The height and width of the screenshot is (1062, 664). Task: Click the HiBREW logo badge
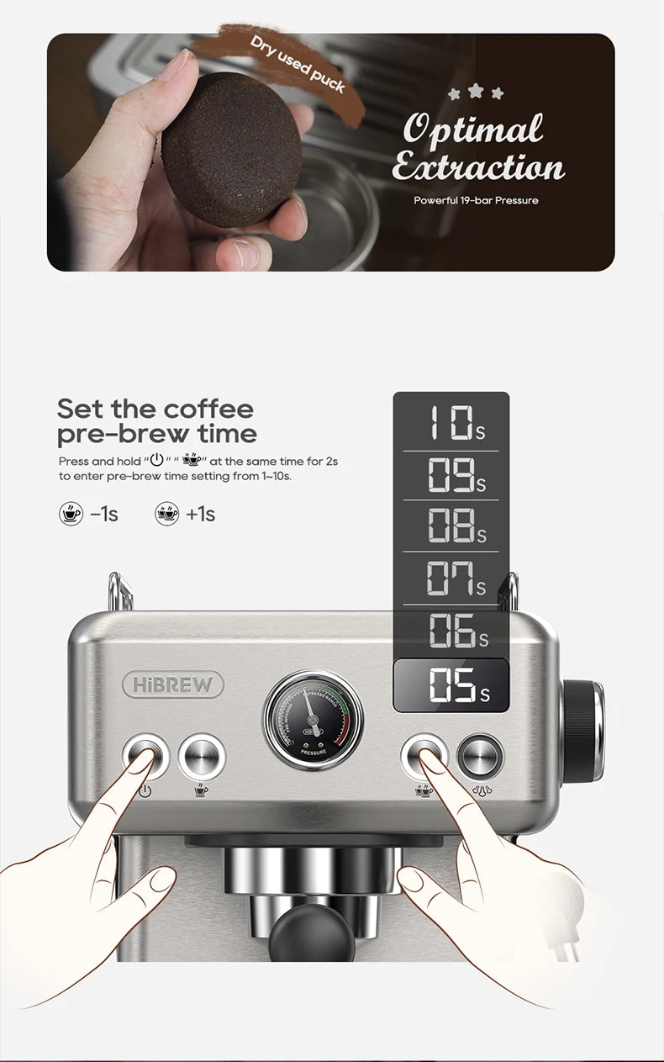(173, 684)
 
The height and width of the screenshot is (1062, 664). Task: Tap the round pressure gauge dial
(314, 720)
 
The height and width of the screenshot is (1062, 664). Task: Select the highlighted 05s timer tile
(451, 685)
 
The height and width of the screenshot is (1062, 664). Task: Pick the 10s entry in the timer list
(451, 423)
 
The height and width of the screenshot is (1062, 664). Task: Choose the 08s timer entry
(451, 526)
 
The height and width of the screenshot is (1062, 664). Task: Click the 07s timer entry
(451, 579)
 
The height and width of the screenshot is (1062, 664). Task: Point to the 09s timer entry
(451, 475)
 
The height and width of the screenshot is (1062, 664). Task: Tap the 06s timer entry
(451, 631)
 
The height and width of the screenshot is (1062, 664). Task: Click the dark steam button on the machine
(480, 755)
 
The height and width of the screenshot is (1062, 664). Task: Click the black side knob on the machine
(582, 730)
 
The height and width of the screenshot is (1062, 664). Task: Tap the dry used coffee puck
(231, 150)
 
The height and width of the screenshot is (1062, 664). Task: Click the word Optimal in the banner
(473, 129)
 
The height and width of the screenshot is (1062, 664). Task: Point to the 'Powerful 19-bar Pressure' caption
(476, 200)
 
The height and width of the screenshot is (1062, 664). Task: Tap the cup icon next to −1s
(71, 514)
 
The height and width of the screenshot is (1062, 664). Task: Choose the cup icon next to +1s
(167, 514)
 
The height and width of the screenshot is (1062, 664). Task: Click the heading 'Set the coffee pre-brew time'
(156, 421)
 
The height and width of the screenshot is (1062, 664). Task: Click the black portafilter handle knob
(314, 933)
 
